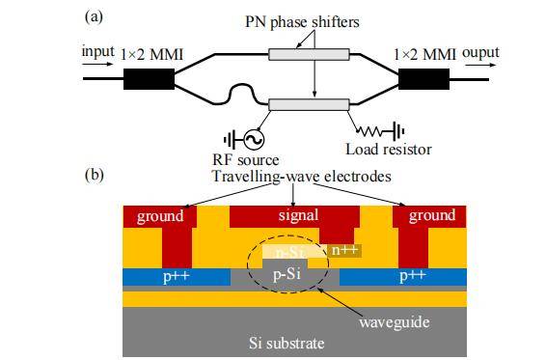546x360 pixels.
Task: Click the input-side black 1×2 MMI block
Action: pos(149,79)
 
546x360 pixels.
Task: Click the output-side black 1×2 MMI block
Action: pos(423,79)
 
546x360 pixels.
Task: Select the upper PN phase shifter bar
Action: pos(309,54)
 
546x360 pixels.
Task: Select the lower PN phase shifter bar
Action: pos(309,104)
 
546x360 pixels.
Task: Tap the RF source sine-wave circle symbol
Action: pos(254,139)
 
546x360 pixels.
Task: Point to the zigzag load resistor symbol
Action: pos(369,131)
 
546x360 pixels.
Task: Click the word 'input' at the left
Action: pos(97,51)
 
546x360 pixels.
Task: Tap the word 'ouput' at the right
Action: pos(480,53)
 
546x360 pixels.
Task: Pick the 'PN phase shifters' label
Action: pos(302,22)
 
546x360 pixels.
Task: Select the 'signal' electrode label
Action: pos(298,214)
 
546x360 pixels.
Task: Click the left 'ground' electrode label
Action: pos(160,216)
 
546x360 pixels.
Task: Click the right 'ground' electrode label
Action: pos(432,215)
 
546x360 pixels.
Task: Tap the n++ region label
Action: pos(344,250)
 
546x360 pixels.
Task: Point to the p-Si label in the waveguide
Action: pos(287,275)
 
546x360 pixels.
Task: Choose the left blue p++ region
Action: pos(177,277)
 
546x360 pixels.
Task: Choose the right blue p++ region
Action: pos(403,277)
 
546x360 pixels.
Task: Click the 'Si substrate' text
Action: pos(287,344)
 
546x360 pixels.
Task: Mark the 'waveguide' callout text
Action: pos(395,321)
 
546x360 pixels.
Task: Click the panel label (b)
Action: pos(94,175)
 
